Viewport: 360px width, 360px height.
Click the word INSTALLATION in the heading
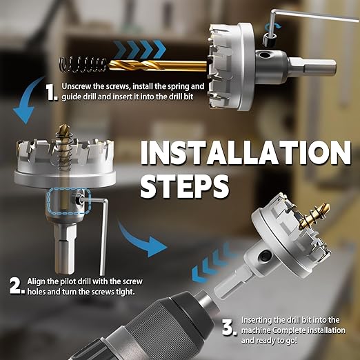click(x=246, y=152)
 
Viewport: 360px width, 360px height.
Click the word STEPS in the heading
click(x=185, y=186)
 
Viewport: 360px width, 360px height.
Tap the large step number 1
click(x=52, y=92)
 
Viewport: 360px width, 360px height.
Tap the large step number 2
click(x=17, y=286)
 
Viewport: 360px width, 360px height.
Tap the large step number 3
click(x=229, y=328)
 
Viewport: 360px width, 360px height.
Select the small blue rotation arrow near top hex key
click(x=273, y=27)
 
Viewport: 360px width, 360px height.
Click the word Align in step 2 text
click(x=36, y=281)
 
